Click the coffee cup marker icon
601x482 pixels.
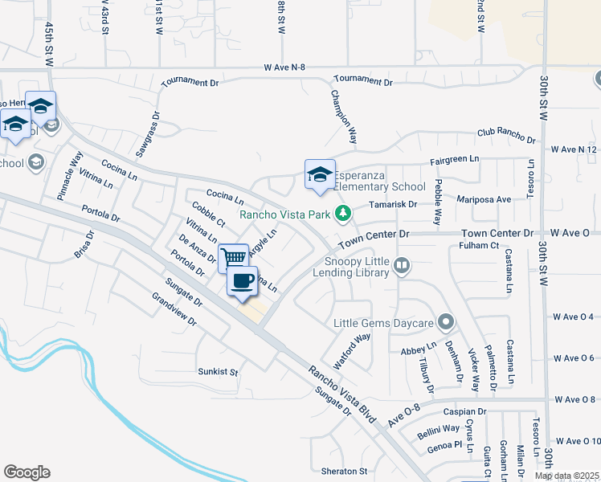coord(242,281)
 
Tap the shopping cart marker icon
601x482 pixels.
coord(233,258)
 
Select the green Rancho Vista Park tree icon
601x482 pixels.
coord(343,213)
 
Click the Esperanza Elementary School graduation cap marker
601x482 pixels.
coord(319,174)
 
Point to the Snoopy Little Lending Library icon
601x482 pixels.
coord(403,264)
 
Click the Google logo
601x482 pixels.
coord(27,472)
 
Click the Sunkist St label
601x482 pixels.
coord(219,372)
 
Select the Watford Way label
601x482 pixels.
coord(352,350)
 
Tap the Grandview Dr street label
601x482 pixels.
coord(174,308)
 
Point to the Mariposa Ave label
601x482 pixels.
coord(484,199)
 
